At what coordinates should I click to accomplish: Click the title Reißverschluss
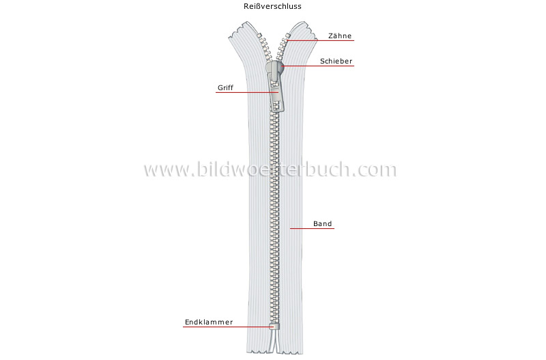pos(272,6)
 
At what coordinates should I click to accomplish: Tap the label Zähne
pos(340,36)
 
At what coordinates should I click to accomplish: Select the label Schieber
pos(336,61)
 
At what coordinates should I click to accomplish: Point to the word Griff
pos(225,88)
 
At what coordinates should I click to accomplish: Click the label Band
pos(322,224)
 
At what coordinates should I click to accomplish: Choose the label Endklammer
pos(209,322)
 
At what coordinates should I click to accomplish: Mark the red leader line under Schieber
pos(318,66)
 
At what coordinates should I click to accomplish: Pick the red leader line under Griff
pos(247,92)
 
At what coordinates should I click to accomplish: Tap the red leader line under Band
pos(312,228)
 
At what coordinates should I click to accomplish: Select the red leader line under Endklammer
pos(227,327)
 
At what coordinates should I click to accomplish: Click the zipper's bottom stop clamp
pos(274,327)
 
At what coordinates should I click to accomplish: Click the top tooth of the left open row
pos(259,35)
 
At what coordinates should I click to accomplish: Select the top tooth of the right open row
pos(287,36)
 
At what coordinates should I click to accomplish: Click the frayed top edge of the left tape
pos(241,29)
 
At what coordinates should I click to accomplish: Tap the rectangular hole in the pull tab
pos(276,107)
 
